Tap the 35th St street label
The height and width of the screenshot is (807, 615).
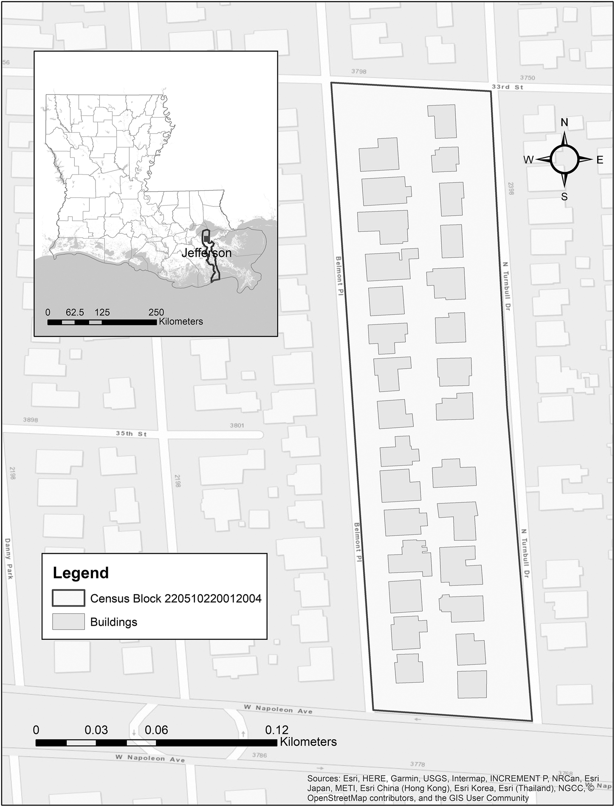131,434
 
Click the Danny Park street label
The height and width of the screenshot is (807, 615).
9,558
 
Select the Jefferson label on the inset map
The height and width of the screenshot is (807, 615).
206,253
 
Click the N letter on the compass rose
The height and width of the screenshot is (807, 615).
564,122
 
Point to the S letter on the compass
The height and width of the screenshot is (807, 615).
564,196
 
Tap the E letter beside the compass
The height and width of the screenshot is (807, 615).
600,160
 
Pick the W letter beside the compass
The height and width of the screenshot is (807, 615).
528,160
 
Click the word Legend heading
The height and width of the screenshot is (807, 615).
81,573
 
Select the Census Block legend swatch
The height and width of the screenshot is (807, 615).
68,598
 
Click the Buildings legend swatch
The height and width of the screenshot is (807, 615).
68,622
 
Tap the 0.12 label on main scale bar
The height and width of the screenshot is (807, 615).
276,730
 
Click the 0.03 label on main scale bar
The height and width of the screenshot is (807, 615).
96,730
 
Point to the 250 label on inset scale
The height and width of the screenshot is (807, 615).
156,312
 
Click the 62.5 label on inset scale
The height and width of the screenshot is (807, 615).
75,312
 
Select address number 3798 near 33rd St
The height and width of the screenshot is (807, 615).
359,71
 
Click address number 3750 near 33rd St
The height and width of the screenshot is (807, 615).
528,78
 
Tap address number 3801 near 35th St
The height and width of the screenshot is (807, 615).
237,425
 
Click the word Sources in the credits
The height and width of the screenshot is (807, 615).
323,779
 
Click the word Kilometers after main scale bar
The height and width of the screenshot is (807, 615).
308,742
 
